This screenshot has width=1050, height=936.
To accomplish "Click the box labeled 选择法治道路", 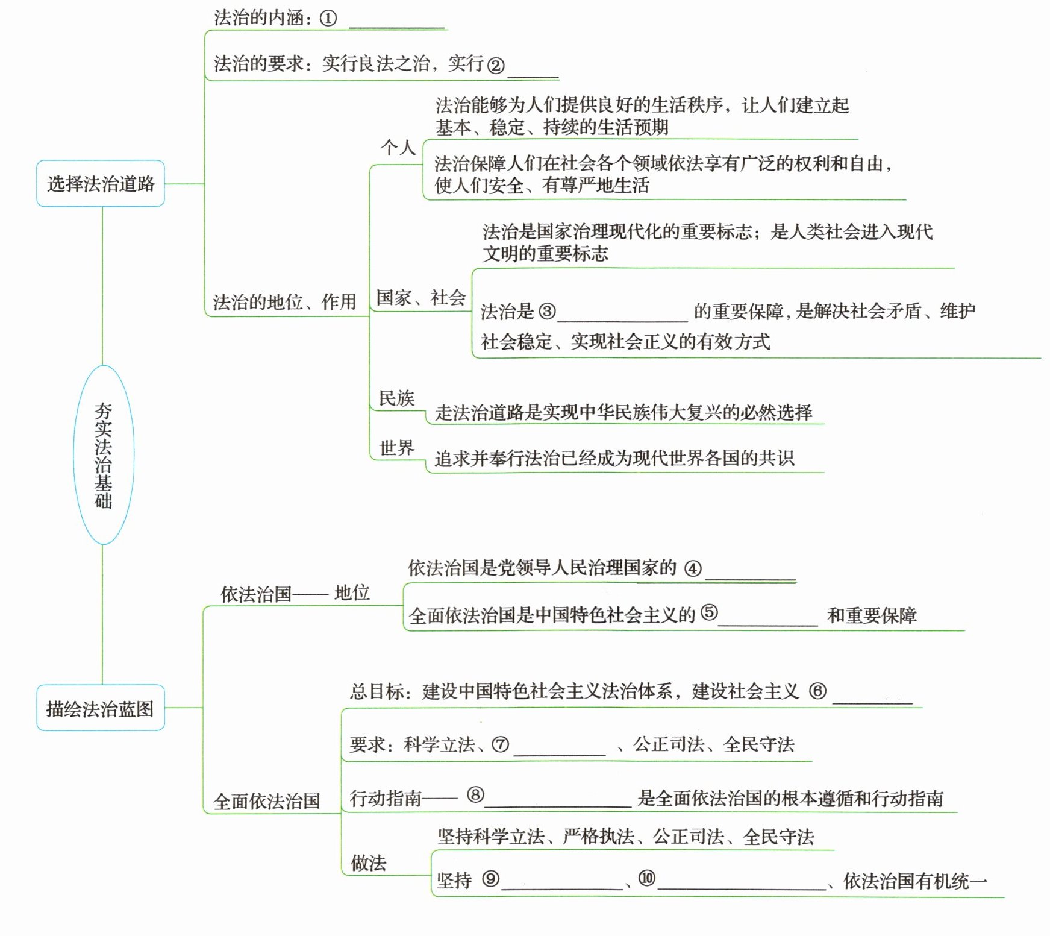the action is (x=101, y=183).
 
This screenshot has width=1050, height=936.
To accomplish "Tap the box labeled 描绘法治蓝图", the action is (x=101, y=708).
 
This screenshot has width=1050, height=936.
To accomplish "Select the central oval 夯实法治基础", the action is (x=103, y=455).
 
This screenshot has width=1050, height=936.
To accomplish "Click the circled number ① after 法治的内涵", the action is (x=328, y=19).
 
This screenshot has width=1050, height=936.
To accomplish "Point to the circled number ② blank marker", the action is (x=495, y=65).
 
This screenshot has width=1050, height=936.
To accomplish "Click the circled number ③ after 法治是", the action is (x=547, y=311).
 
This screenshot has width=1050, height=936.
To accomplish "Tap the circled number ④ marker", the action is (x=693, y=568).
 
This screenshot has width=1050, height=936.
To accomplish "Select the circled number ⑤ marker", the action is (x=709, y=613).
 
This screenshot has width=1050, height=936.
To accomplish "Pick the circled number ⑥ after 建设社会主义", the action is (x=817, y=691).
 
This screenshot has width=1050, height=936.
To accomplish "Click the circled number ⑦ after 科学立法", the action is (x=501, y=745).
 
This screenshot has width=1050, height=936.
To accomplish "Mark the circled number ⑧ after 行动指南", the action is (x=475, y=795).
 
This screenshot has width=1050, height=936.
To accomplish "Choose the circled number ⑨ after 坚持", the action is (x=490, y=879).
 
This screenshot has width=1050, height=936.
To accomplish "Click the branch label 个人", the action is (x=398, y=148).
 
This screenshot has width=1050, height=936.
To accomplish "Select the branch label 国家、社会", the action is (x=420, y=297).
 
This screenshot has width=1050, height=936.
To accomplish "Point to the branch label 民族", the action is (x=396, y=398).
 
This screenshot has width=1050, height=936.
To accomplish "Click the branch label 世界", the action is (x=396, y=448).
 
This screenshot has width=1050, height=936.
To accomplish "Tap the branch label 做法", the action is (x=369, y=863).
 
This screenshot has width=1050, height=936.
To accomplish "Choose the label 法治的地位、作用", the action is (x=284, y=301).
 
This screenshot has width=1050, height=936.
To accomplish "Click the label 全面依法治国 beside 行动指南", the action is (x=267, y=801).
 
